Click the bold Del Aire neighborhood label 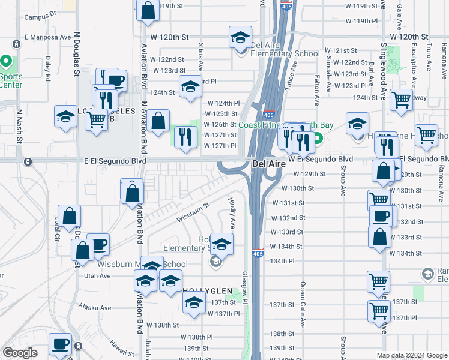[267, 163]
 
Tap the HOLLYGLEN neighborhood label [207, 290]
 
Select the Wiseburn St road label [193, 212]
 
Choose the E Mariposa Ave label [47, 37]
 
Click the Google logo [20, 353]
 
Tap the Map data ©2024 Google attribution [412, 355]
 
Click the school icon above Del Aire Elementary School [240, 37]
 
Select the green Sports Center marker [6, 62]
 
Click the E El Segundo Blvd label [115, 161]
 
